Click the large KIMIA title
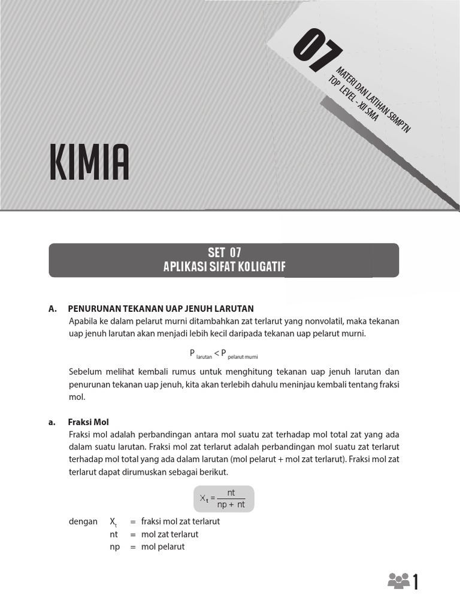pyautogui.click(x=89, y=162)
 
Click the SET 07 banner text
pyautogui.click(x=223, y=253)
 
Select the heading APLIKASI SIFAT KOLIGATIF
pyautogui.click(x=223, y=266)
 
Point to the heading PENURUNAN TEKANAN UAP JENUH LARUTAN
pyautogui.click(x=161, y=308)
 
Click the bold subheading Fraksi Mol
pyautogui.click(x=89, y=422)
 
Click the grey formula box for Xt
pyautogui.click(x=223, y=499)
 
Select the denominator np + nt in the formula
pyautogui.click(x=231, y=504)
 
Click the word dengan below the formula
pyautogui.click(x=83, y=521)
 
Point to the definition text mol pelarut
pyautogui.click(x=163, y=547)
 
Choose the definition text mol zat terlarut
pyautogui.click(x=170, y=534)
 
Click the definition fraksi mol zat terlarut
pyautogui.click(x=180, y=521)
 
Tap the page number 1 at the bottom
pyautogui.click(x=415, y=582)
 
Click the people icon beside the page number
pyautogui.click(x=398, y=581)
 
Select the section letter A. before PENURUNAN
pyautogui.click(x=52, y=308)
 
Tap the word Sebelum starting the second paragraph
pyautogui.click(x=84, y=372)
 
